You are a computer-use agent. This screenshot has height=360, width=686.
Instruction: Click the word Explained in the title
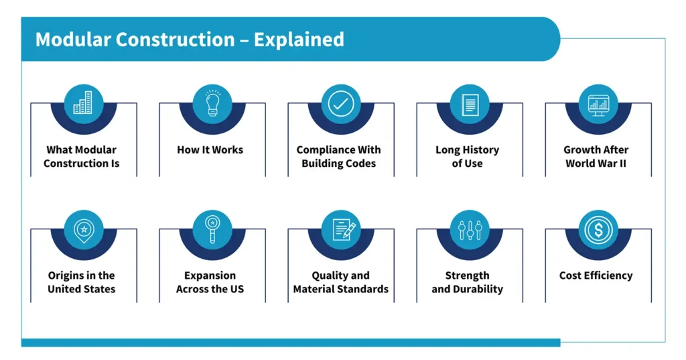point(299,40)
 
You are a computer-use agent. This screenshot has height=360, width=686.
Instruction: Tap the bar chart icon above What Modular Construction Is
point(83,103)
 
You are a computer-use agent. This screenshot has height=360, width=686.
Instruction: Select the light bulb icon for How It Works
point(212,103)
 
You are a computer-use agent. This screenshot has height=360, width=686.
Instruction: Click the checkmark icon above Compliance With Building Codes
point(340,104)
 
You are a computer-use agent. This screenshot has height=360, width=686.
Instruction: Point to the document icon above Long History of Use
point(469,104)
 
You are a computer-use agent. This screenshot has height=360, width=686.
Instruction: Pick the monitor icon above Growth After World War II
point(598,104)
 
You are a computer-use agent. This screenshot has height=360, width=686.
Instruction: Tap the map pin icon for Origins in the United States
point(83,229)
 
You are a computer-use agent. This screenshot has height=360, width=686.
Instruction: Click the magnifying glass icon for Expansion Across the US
point(212,229)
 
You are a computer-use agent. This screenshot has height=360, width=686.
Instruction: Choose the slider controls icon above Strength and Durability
point(469,229)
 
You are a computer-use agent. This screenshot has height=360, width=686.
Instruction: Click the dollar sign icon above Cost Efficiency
point(598,229)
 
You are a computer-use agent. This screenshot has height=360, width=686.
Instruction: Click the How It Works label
point(210,149)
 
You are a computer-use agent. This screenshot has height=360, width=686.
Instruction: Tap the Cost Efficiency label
point(596,276)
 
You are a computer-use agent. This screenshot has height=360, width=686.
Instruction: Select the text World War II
point(596,164)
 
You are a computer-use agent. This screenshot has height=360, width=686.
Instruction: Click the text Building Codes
point(339,164)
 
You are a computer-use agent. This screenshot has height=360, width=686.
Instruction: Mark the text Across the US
point(210,290)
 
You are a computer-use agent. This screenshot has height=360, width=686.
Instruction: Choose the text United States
point(81,290)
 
